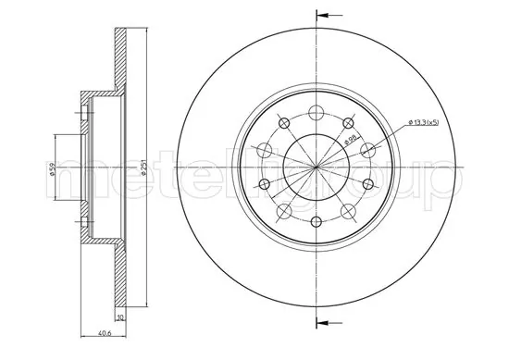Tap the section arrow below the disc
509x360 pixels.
point(329,321)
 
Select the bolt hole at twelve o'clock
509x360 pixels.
point(317,113)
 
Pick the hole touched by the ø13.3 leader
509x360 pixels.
point(368,150)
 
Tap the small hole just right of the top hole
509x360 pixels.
point(349,123)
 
